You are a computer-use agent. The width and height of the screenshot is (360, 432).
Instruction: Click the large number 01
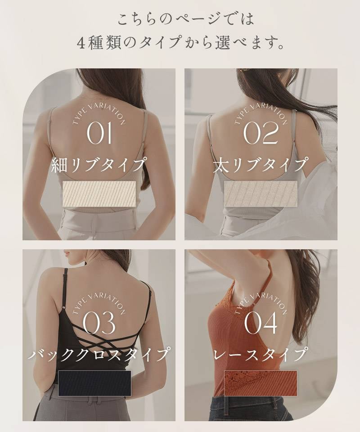(x=99, y=133)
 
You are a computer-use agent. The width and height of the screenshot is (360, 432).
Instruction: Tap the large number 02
(x=261, y=133)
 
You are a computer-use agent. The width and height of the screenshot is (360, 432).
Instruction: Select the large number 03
(x=99, y=323)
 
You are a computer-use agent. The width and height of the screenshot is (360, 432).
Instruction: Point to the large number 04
(x=261, y=323)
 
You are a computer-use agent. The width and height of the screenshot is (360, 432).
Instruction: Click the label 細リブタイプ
(x=99, y=165)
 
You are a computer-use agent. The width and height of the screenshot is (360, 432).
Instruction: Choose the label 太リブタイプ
(x=260, y=165)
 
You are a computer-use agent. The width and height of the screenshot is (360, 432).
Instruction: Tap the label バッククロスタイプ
(x=99, y=354)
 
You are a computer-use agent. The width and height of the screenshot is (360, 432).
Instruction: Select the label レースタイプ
(x=260, y=354)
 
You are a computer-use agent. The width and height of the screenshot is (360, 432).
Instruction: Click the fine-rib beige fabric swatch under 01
(x=99, y=194)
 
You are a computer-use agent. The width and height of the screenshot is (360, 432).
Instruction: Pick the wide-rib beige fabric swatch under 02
(x=261, y=193)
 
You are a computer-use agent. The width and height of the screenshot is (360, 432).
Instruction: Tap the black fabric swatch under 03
(x=94, y=383)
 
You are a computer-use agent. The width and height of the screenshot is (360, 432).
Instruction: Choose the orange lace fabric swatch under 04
(x=261, y=383)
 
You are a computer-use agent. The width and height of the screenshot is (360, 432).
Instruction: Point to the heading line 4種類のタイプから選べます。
(x=180, y=43)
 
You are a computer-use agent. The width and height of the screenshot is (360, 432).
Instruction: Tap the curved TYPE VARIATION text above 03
(x=99, y=304)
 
